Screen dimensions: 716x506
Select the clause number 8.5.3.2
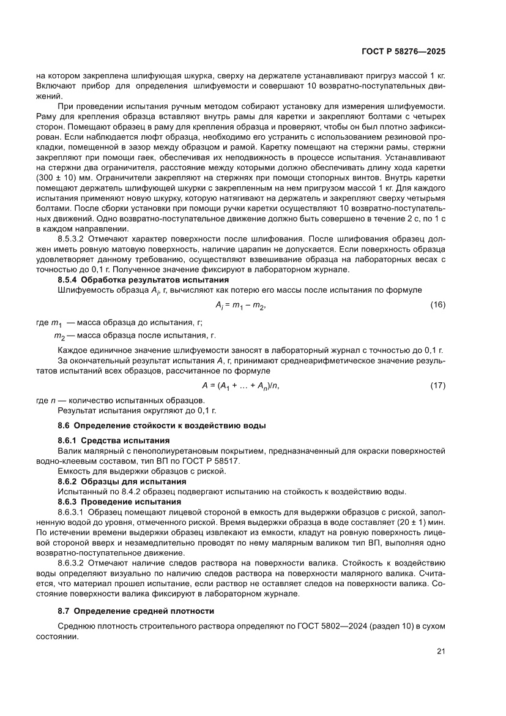[x=72, y=239]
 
